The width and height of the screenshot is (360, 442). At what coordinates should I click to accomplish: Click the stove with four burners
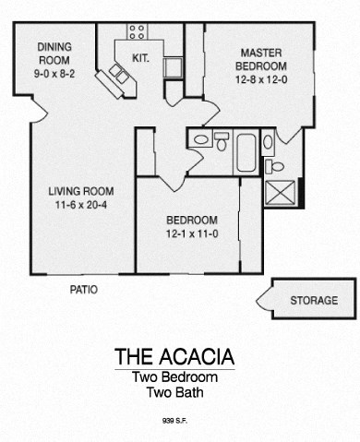click(137, 31)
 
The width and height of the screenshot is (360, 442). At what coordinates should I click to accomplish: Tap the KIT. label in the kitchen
click(140, 58)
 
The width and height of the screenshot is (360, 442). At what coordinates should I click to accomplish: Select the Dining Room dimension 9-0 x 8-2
click(54, 74)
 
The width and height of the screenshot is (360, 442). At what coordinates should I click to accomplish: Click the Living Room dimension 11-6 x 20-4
click(81, 205)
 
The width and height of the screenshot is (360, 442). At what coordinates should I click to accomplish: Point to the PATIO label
click(84, 290)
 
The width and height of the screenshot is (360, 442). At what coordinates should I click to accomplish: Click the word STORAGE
click(314, 301)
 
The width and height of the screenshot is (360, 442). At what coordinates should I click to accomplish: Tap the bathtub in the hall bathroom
click(246, 153)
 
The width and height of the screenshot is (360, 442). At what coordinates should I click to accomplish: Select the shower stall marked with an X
click(280, 193)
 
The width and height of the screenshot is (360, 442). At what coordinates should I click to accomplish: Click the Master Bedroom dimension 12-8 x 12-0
click(261, 79)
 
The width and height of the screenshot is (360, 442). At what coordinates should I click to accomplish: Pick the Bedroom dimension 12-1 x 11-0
click(192, 234)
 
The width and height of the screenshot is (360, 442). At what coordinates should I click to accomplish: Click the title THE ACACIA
click(174, 357)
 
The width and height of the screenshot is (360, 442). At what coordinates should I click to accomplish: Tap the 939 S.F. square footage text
click(174, 421)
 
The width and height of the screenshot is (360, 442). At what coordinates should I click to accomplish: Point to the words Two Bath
click(174, 393)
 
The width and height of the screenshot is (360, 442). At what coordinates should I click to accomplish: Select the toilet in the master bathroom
click(274, 166)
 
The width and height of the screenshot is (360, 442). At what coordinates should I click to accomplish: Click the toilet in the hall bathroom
click(222, 141)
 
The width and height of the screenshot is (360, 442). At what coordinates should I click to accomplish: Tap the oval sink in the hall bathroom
click(201, 140)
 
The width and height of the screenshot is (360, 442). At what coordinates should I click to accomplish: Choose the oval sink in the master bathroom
click(268, 142)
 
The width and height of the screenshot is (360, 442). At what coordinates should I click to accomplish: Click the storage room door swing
click(264, 300)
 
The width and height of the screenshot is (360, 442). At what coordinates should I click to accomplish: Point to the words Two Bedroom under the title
click(174, 377)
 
